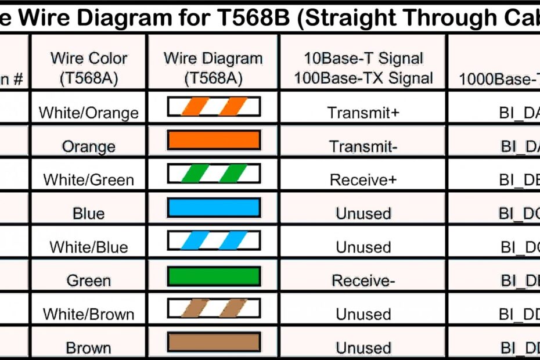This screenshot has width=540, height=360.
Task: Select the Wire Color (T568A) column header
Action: [x=89, y=68]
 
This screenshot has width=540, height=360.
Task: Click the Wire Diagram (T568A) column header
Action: [x=213, y=68]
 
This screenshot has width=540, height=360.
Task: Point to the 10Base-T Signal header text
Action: [x=363, y=59]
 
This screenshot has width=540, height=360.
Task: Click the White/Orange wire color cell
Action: [x=89, y=113]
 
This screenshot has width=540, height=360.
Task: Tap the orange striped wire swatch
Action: [x=214, y=107]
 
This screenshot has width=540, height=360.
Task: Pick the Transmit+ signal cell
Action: [x=363, y=113]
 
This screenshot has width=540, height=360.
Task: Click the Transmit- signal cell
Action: [x=363, y=146]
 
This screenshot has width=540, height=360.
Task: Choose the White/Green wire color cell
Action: [x=89, y=180]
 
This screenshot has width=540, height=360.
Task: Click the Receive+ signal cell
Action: [x=363, y=180]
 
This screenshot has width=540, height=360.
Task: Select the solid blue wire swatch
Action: [x=214, y=208]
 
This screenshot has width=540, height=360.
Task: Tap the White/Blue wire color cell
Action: [x=89, y=247]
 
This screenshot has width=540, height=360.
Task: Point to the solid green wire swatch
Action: [x=214, y=276]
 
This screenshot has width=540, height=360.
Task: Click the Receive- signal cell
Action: [x=363, y=281]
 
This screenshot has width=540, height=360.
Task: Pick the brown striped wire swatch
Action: [x=214, y=308]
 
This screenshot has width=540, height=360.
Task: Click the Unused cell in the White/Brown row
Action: [x=363, y=315]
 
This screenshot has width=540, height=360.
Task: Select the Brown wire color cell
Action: [x=89, y=348]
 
